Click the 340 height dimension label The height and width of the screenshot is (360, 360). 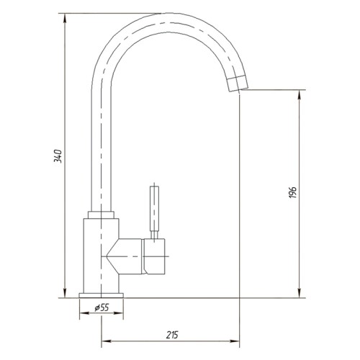coord(58,156)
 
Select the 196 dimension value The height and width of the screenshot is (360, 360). coord(293,192)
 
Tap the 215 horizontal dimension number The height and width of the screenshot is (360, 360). coord(172,335)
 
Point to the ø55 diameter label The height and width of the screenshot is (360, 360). coord(102,307)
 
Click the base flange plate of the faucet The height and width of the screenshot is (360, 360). coord(101,295)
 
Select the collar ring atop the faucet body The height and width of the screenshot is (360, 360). coord(101,215)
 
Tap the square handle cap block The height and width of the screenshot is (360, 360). coord(155,256)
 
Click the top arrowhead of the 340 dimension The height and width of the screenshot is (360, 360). coord(65,18)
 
